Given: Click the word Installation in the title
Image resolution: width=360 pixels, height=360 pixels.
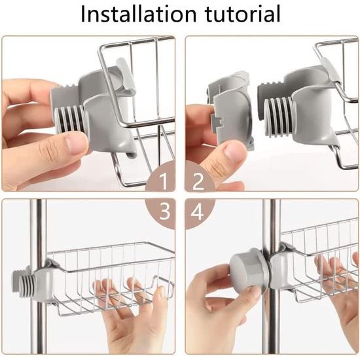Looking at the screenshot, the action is pos(139,14).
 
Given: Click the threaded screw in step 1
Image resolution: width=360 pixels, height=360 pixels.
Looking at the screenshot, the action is pos(69,119).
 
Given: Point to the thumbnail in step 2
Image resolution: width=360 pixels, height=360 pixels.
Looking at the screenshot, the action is pos(232,153).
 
